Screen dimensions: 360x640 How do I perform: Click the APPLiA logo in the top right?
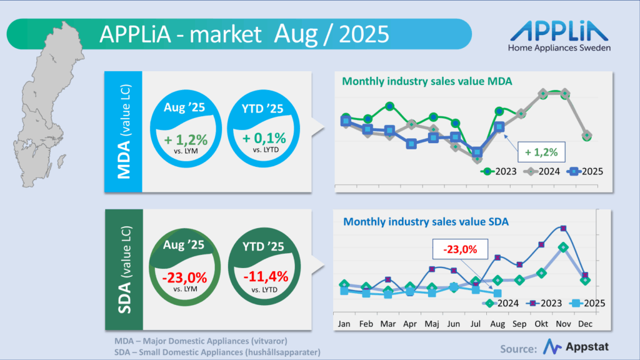click(559, 36)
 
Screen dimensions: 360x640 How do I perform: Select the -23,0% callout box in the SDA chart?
click(460, 249)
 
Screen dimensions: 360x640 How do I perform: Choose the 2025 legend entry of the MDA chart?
click(584, 171)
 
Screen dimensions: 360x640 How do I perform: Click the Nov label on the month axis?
click(563, 324)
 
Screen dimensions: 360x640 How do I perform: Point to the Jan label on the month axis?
click(344, 324)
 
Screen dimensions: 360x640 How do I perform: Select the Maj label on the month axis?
click(432, 324)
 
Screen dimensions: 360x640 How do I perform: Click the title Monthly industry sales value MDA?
click(436, 80)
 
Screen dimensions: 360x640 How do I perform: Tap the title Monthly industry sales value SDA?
click(426, 221)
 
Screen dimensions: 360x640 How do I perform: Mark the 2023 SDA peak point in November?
click(563, 228)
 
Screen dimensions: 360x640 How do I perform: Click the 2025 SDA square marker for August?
click(497, 293)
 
